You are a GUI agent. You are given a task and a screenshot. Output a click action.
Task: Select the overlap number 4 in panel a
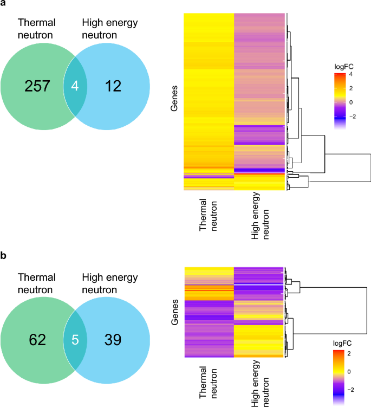pyautogui.click(x=75, y=86)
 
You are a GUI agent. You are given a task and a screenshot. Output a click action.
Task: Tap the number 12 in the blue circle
pyautogui.click(x=113, y=86)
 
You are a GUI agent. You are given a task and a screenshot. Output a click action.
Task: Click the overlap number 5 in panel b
pyautogui.click(x=75, y=340)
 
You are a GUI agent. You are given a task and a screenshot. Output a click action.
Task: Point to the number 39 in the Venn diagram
pyautogui.click(x=113, y=340)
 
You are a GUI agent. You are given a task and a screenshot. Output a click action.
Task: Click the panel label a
pyautogui.click(x=3, y=4)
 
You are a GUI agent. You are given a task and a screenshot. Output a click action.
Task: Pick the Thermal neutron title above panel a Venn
pyautogui.click(x=37, y=29)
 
